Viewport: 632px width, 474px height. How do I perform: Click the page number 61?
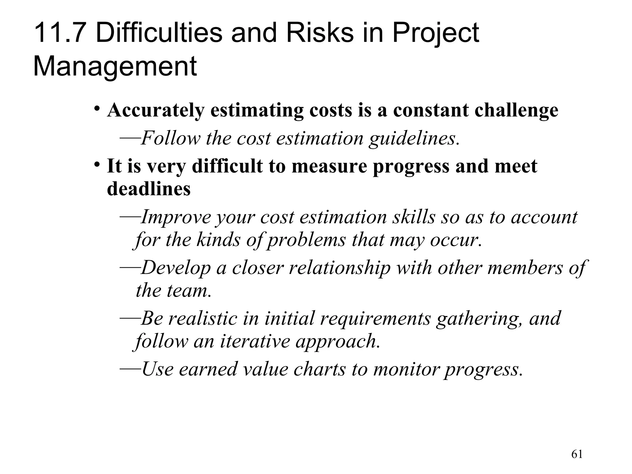pyautogui.click(x=577, y=454)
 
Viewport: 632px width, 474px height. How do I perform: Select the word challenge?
pyautogui.click(x=516, y=110)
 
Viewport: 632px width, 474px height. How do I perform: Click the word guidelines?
pyautogui.click(x=413, y=138)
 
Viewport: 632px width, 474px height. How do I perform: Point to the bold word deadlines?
pyautogui.click(x=149, y=189)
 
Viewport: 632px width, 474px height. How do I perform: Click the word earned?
pyautogui.click(x=207, y=369)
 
